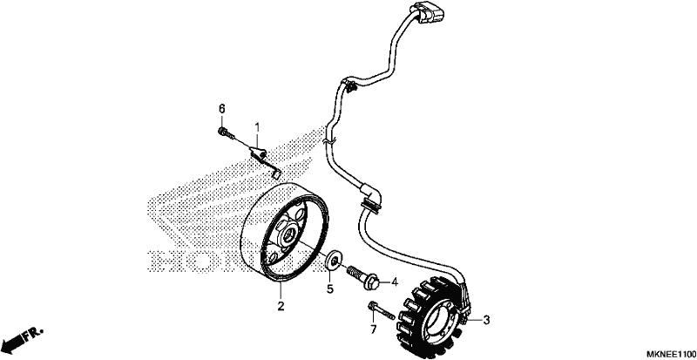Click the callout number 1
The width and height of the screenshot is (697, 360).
tap(256, 128)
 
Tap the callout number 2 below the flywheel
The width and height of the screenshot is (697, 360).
tap(281, 306)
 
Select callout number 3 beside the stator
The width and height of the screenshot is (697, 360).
tap(486, 320)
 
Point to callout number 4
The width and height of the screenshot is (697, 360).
tap(395, 282)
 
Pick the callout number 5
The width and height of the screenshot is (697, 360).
tap(330, 289)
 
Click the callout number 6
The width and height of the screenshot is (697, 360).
tap(221, 109)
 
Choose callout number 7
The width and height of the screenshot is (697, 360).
tap(374, 329)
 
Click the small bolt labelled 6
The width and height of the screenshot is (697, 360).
tap(224, 132)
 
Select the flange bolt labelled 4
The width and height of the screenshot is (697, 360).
tap(362, 277)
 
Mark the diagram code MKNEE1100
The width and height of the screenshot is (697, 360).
tap(671, 354)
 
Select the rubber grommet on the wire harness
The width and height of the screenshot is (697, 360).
tap(372, 205)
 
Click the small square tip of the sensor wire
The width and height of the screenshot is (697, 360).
tap(278, 173)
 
